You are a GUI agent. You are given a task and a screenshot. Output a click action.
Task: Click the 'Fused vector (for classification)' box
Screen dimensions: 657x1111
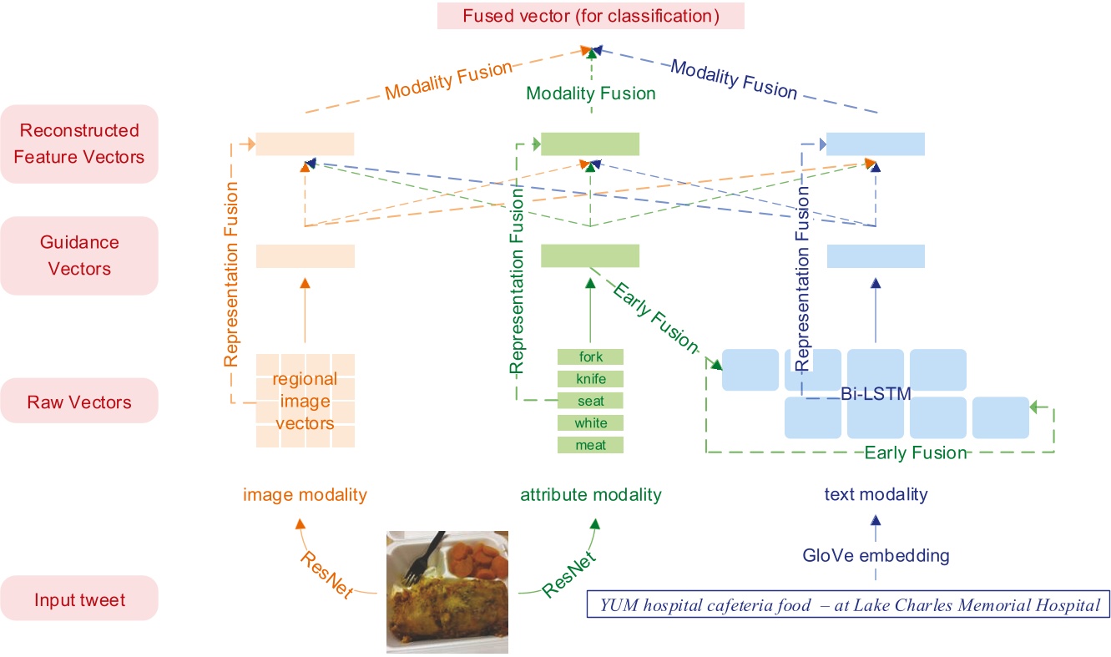pos(590,16)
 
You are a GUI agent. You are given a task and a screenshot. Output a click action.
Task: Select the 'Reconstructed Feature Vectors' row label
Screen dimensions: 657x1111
pos(79,144)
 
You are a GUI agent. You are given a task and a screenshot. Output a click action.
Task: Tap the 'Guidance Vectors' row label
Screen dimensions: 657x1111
pos(79,255)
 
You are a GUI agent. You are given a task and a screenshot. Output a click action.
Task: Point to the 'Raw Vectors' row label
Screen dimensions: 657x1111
pos(79,402)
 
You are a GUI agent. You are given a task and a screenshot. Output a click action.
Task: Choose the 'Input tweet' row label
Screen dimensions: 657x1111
pos(79,599)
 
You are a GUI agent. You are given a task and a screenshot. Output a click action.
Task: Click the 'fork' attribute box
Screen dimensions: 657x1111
pos(591,357)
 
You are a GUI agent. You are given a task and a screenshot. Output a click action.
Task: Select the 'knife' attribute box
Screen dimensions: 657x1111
pos(591,379)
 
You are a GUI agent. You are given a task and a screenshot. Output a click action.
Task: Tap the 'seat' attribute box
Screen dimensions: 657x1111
pos(591,401)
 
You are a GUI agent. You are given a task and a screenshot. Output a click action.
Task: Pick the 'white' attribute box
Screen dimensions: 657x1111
pos(591,423)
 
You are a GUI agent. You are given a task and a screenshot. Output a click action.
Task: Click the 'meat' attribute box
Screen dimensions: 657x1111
pos(591,445)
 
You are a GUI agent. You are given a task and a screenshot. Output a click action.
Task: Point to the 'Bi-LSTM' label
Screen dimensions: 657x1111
pos(875,393)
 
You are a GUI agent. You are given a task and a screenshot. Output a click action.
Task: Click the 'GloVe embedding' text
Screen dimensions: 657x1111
pos(876,555)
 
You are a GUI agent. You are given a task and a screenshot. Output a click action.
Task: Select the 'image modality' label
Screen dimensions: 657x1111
pos(305,494)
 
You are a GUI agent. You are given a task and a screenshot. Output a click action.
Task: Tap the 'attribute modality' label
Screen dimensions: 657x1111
pos(591,494)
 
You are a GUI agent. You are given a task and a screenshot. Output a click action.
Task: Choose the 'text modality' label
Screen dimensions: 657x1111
pos(876,494)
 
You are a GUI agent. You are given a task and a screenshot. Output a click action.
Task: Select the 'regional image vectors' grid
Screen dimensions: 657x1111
pos(305,401)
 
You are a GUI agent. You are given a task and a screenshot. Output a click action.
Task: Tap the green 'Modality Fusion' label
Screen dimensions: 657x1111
pos(591,93)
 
